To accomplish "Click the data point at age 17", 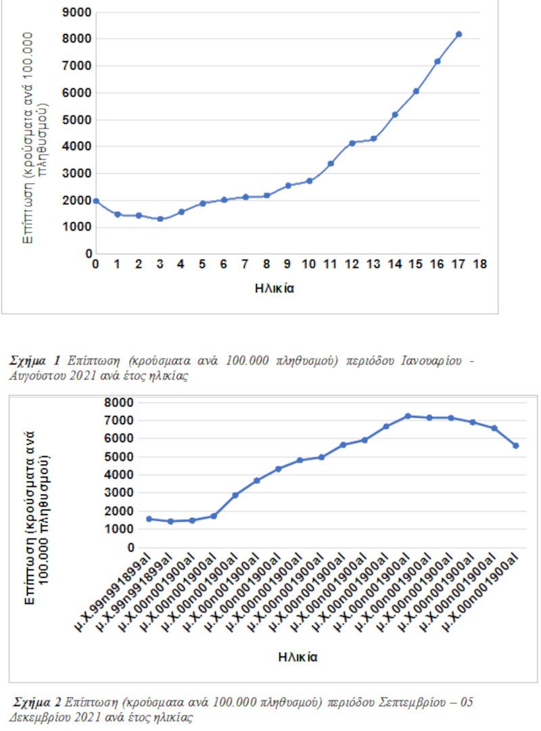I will click(458, 34).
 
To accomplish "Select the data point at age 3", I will click(160, 218).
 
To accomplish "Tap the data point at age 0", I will click(96, 201).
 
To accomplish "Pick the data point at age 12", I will click(352, 143).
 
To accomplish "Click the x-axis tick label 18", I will click(480, 264).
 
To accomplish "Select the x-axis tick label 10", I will click(309, 264).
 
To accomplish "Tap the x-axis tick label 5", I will click(202, 264).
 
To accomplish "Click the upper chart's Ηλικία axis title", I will click(275, 287).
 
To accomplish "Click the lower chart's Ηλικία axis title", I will click(298, 656).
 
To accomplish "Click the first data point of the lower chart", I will click(149, 519).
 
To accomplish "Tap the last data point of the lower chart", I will click(515, 446).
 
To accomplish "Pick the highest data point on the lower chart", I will click(408, 416).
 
